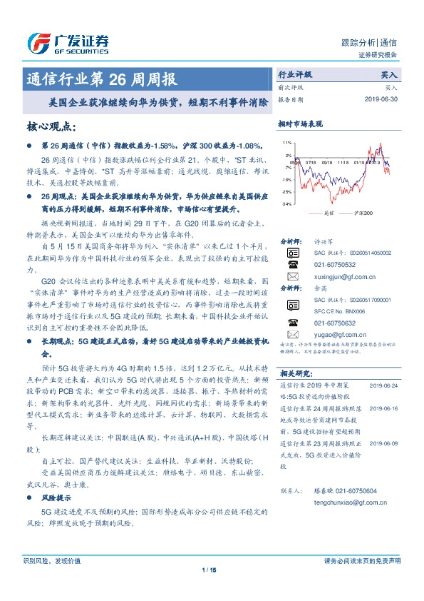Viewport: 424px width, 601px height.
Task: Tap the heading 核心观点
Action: (50, 127)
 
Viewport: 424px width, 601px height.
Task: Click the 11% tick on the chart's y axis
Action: (286, 143)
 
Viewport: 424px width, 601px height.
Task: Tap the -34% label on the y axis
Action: (286, 204)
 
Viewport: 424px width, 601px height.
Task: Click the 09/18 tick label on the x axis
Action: (327, 161)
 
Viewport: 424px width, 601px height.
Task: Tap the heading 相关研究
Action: (296, 373)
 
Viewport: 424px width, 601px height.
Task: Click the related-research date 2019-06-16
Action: (384, 408)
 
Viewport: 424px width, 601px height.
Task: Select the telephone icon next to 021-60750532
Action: (292, 263)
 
